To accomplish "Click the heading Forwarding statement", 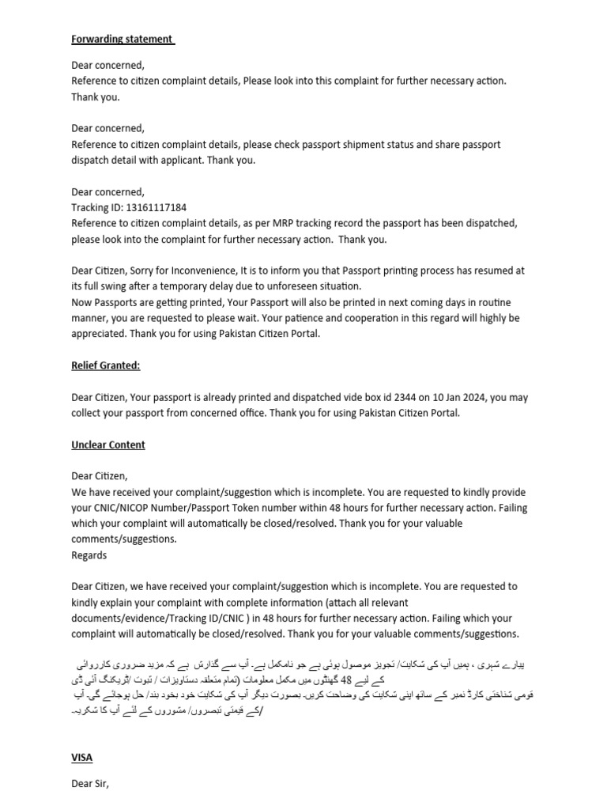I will click(123, 39).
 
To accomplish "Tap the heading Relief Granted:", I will click(106, 366).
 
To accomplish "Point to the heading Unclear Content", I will click(108, 445).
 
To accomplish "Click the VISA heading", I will click(81, 758).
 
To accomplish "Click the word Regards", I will click(89, 555).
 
